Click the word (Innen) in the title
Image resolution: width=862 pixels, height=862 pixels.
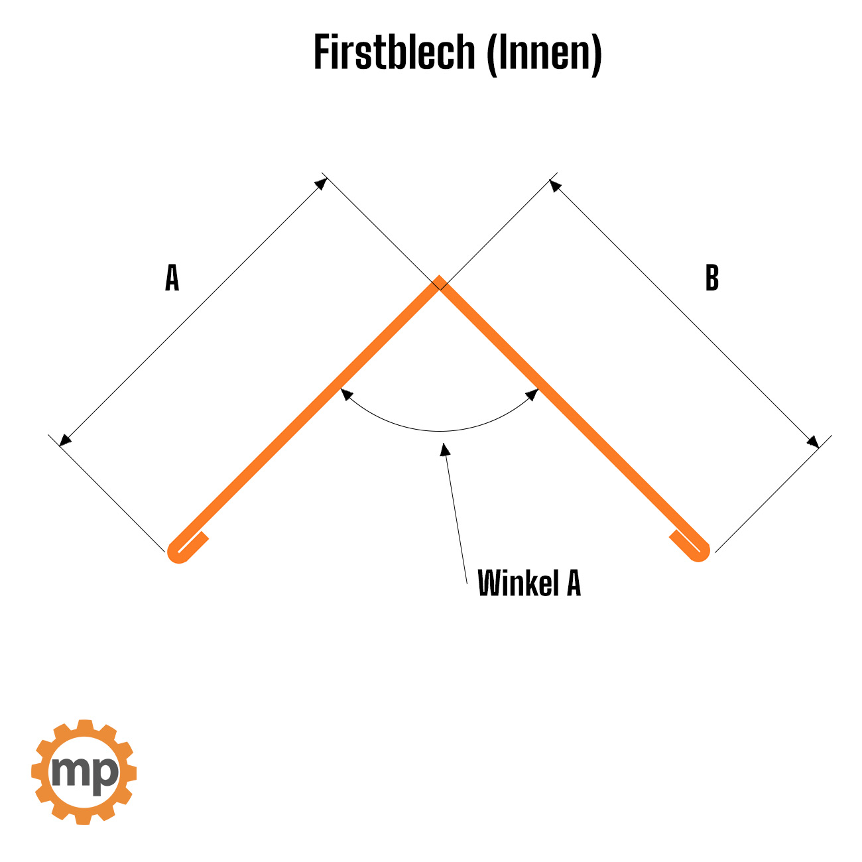pos(544,53)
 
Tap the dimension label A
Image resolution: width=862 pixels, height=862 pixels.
pos(172,278)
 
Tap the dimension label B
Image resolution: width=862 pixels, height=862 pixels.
pos(711,278)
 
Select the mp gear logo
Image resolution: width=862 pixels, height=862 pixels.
pos(84,772)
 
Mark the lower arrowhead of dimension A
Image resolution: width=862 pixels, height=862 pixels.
pos(64,440)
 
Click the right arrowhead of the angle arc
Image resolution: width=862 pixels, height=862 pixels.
pos(532,395)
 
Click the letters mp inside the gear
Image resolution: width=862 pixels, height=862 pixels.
pos(84,772)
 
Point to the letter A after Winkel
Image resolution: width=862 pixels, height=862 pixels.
pos(573,584)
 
